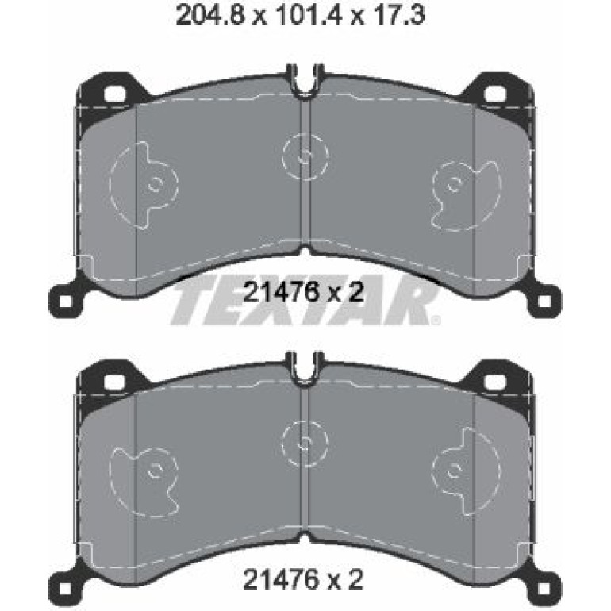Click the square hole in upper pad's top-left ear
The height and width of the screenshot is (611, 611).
(x=115, y=94)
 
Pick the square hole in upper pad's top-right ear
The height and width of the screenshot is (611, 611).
(x=495, y=94)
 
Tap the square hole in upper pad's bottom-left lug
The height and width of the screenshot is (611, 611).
(x=66, y=302)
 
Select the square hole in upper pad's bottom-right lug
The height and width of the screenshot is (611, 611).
(x=545, y=302)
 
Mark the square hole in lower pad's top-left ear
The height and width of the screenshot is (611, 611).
(x=115, y=381)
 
